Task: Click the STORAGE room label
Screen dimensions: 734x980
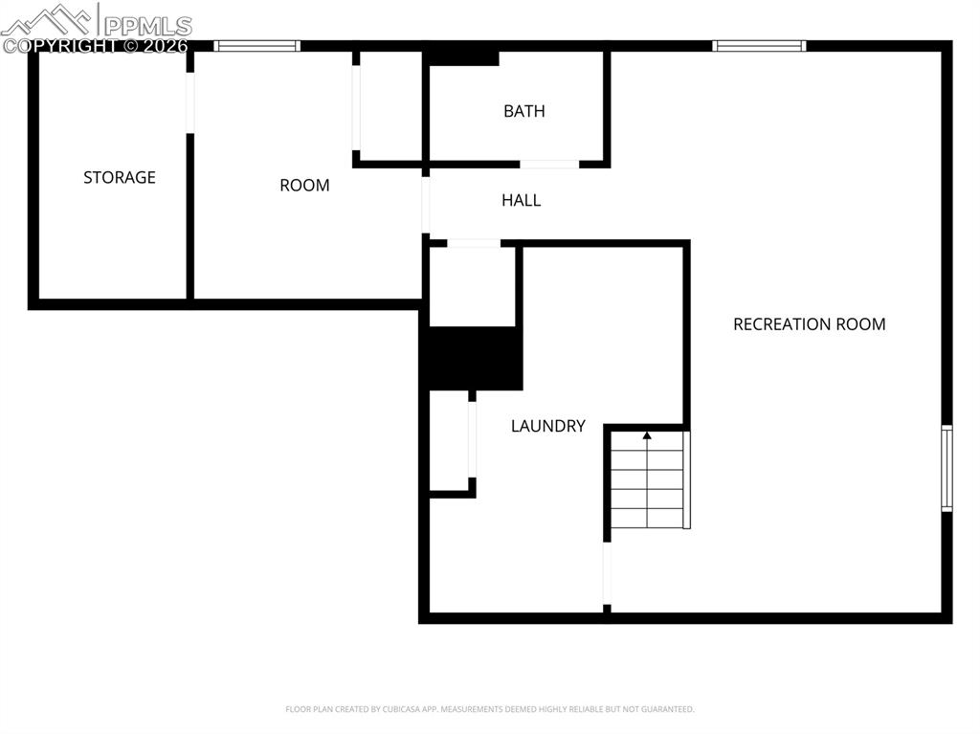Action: coord(120,177)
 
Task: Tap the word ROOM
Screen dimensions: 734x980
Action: coord(304,186)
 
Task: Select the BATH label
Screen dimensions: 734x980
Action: coord(524,111)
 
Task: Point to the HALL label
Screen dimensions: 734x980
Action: coord(522,200)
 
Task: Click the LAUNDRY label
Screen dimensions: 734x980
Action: coord(547,426)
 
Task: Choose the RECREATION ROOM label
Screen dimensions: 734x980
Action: coord(809,324)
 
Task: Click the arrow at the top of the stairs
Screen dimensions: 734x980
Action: coord(647,436)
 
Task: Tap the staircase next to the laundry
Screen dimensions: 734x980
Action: coord(649,480)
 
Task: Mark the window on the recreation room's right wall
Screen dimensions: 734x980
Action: coord(947,469)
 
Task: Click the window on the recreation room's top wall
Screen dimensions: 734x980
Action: coord(759,45)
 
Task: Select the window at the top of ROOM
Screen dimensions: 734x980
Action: coord(256,45)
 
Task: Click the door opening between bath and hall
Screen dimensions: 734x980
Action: coord(549,165)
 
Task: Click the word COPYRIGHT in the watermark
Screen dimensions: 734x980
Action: coord(59,45)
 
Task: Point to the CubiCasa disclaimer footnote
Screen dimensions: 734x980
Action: coord(490,709)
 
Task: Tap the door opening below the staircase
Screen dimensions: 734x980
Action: coord(607,573)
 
